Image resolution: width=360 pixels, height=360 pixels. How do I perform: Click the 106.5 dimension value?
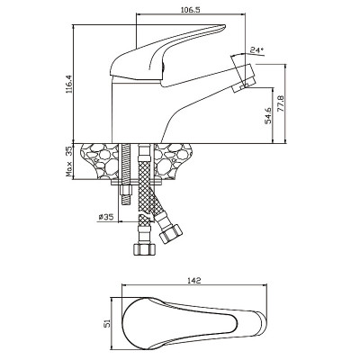[191, 9]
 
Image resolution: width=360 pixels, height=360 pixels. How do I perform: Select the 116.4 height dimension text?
[69, 84]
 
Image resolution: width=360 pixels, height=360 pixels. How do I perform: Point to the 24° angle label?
[257, 50]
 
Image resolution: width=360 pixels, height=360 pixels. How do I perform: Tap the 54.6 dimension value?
[268, 115]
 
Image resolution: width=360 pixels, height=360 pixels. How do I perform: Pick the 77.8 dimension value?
[281, 103]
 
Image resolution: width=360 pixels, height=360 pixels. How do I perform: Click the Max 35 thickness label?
[69, 161]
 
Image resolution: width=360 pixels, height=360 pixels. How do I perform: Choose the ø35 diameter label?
[106, 216]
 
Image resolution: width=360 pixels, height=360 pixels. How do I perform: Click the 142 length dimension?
[194, 281]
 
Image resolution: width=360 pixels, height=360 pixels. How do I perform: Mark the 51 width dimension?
[107, 323]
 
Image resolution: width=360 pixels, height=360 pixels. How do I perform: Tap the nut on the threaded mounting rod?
[126, 191]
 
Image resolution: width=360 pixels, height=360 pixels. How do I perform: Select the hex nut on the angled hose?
[171, 234]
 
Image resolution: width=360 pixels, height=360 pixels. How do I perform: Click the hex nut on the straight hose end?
[145, 248]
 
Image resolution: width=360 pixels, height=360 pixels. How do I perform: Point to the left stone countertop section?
[100, 161]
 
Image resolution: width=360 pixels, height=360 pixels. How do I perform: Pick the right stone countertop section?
[174, 161]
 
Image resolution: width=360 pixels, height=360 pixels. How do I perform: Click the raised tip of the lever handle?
[221, 27]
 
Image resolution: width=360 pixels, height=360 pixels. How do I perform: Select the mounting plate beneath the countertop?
[137, 182]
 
